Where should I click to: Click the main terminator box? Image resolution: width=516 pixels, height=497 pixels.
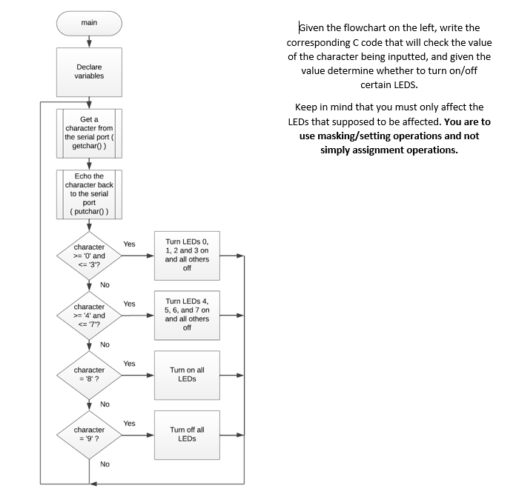pos(89,23)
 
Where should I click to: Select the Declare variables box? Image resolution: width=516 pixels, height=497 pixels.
pos(89,71)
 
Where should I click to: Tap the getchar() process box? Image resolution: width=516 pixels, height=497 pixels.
pos(89,133)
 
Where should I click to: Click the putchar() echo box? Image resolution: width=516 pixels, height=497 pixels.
pos(89,194)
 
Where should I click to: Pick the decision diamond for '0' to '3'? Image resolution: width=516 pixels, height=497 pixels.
pos(89,256)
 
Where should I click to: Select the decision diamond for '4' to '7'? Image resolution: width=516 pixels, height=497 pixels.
pos(89,316)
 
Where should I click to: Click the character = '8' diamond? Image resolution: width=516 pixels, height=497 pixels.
pos(89,375)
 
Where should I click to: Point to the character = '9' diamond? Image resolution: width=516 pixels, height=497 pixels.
pos(89,434)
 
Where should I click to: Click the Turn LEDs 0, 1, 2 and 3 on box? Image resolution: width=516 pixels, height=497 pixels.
pos(187,256)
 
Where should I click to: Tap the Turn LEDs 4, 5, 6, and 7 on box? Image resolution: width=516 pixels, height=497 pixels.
pos(187,315)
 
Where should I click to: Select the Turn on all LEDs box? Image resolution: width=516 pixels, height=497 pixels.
pos(187,375)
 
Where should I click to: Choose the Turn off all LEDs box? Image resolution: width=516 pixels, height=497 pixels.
pos(187,434)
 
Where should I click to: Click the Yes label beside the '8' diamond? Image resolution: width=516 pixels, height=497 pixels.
pos(130,364)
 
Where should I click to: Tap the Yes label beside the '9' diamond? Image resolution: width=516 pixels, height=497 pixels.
pos(130,424)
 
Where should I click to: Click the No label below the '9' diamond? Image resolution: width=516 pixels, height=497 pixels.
pos(105,464)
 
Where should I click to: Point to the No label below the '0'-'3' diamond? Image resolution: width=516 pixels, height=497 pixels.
pos(105,285)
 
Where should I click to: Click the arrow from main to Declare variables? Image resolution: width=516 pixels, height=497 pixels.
pos(89,41)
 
